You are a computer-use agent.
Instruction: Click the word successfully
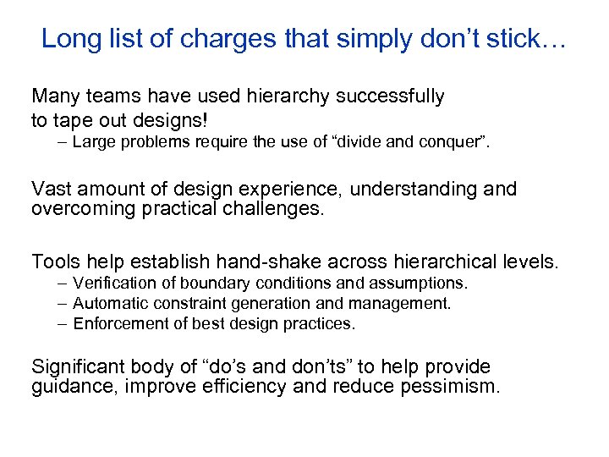tap(390, 96)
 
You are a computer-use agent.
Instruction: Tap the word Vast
tap(52, 189)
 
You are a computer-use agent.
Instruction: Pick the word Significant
tap(79, 366)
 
